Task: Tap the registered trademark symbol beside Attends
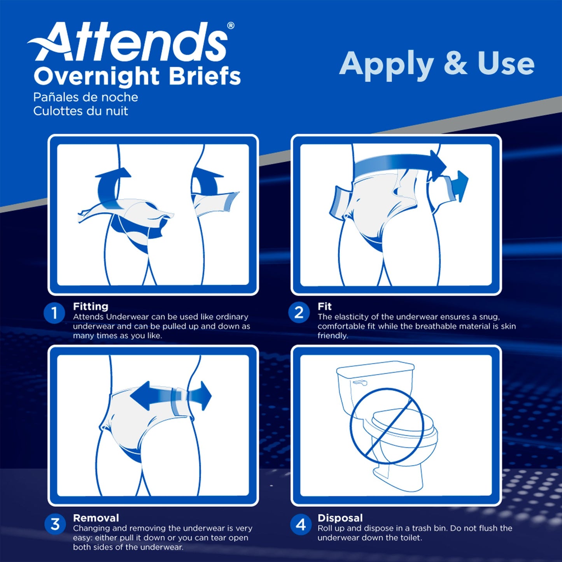pos(231,26)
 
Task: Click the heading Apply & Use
pos(436,64)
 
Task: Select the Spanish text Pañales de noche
pos(86,97)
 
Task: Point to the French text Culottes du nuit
pos(81,111)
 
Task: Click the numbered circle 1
pos(54,313)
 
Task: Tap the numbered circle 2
pos(299,313)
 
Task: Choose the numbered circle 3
pos(55,524)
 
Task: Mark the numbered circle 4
pos(300,525)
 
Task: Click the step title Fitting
pos(91,306)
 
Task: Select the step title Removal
pos(96,518)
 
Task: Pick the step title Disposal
pos(340,518)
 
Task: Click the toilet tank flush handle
pos(360,383)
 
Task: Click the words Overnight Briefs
pos(137,76)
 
